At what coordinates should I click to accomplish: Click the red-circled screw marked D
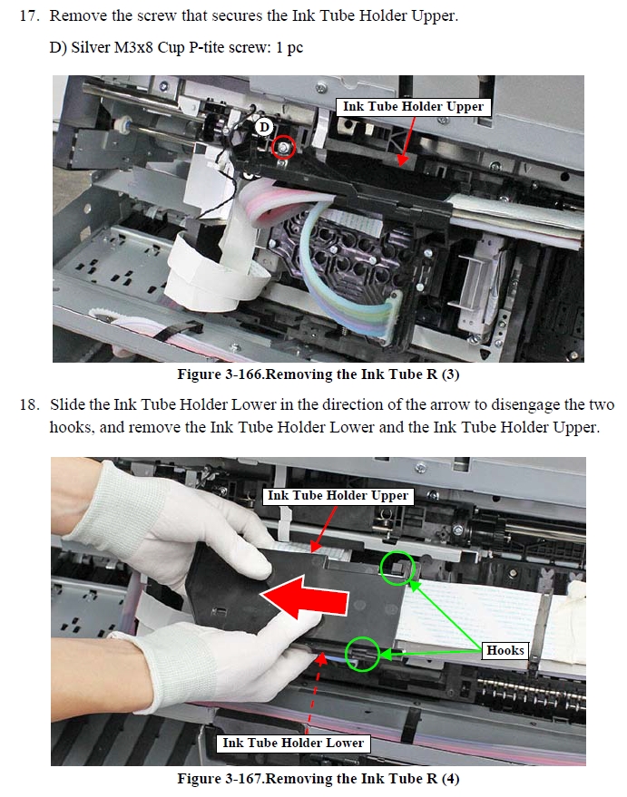283,148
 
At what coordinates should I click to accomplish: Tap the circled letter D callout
264,127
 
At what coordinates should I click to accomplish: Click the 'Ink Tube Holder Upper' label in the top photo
413,107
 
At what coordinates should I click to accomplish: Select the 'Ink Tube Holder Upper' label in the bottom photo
338,496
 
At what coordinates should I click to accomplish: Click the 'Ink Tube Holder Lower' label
293,744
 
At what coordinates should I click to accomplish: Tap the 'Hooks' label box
505,650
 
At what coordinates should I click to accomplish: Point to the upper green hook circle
398,569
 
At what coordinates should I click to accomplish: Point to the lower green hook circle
363,653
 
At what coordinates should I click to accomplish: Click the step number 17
29,15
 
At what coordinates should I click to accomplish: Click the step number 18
29,404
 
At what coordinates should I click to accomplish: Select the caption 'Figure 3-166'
220,374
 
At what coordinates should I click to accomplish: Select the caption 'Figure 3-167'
220,779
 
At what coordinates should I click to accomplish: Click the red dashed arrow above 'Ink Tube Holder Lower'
317,693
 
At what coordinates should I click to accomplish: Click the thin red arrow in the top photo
407,141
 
